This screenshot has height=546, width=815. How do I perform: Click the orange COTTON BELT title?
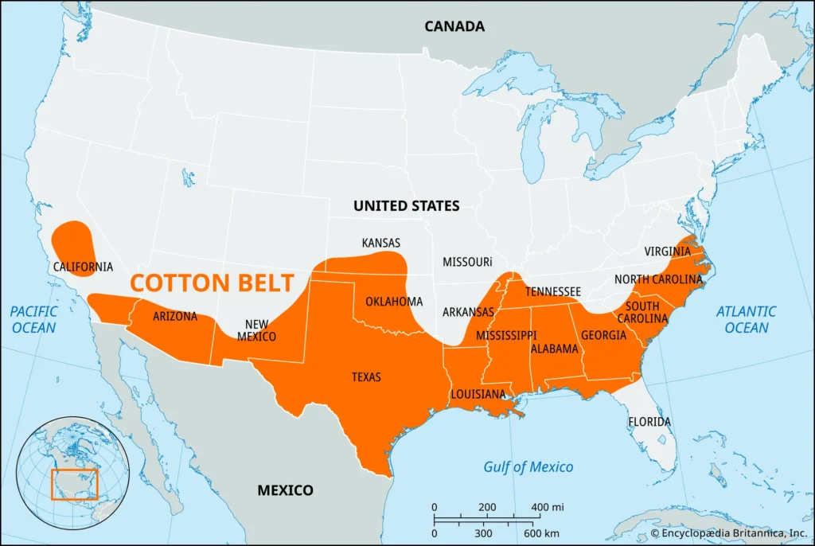tap(212, 283)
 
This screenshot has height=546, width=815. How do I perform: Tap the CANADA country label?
tap(454, 26)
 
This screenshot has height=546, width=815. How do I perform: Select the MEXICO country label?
tap(285, 490)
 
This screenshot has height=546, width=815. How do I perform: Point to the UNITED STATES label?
tap(407, 205)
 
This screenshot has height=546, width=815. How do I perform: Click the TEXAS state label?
tap(366, 376)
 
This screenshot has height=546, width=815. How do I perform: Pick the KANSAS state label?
tap(381, 242)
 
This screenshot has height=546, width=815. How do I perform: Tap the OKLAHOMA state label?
tap(394, 302)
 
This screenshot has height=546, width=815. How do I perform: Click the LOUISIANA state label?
tap(478, 394)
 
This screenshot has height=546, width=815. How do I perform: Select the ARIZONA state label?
tap(174, 316)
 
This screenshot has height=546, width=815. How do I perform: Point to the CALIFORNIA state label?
tap(83, 267)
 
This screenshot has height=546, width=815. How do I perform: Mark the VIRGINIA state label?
tap(668, 251)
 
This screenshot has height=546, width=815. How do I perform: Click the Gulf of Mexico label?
tap(528, 467)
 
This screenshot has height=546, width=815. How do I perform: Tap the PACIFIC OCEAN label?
tap(34, 320)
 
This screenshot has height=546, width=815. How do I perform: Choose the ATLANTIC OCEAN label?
tap(747, 320)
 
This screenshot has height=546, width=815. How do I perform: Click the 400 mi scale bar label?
tap(547, 508)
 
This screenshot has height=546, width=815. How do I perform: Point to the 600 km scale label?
tap(544, 532)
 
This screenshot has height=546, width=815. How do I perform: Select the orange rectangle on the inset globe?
tap(74, 484)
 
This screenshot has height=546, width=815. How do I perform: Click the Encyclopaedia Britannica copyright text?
tap(727, 532)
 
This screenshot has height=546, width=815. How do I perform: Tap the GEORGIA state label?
tap(603, 335)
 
